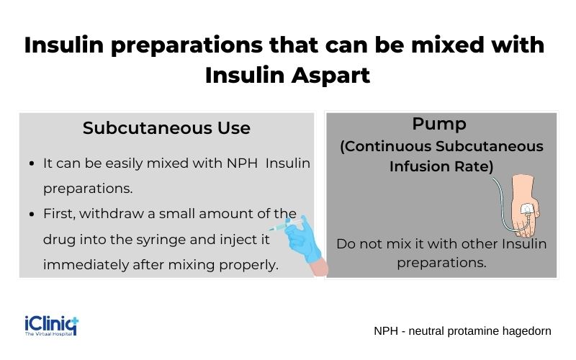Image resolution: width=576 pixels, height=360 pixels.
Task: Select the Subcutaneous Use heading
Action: point(166,128)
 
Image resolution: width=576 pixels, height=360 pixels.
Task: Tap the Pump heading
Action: point(438,124)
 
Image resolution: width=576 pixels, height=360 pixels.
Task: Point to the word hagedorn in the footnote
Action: point(523,331)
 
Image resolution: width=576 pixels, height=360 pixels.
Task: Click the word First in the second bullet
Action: point(59,215)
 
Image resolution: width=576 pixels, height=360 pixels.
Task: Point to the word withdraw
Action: point(115,215)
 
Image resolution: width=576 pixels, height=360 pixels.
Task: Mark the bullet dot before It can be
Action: point(33,164)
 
